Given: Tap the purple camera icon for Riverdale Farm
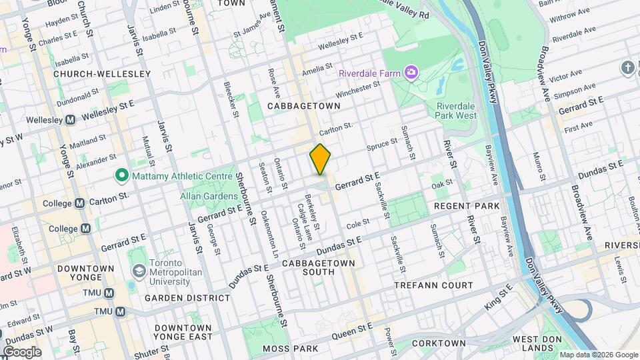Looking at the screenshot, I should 412,71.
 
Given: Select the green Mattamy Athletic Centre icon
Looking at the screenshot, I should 121,176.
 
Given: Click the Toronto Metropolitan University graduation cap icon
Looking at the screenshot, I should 138,271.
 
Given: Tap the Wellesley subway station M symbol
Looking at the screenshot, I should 70,120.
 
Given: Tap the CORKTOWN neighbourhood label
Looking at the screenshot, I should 438,343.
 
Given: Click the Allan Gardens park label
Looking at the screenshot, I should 209,196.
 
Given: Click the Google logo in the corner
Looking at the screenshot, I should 22,351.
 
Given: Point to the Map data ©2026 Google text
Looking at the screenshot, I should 598,355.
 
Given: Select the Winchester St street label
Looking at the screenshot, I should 357,89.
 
